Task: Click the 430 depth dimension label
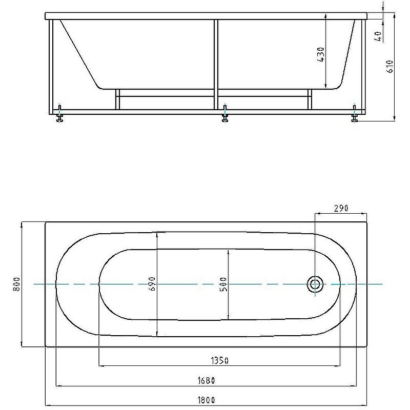pyautogui.click(x=321, y=55)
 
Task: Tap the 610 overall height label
pyautogui.click(x=389, y=67)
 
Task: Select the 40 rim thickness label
pyautogui.click(x=378, y=36)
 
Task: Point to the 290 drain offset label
pyautogui.click(x=341, y=208)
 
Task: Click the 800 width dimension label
pyautogui.click(x=16, y=284)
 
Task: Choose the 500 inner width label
pyautogui.click(x=223, y=284)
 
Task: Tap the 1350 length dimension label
pyautogui.click(x=219, y=361)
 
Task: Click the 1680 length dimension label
pyautogui.click(x=206, y=380)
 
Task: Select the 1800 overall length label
pyautogui.click(x=206, y=400)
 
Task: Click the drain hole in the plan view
pyautogui.click(x=315, y=284)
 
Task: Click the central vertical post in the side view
pyautogui.click(x=216, y=65)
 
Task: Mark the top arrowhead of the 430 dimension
pyautogui.click(x=325, y=16)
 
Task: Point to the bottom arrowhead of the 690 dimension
pyautogui.click(x=157, y=334)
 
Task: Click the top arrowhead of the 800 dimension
pyautogui.click(x=22, y=225)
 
